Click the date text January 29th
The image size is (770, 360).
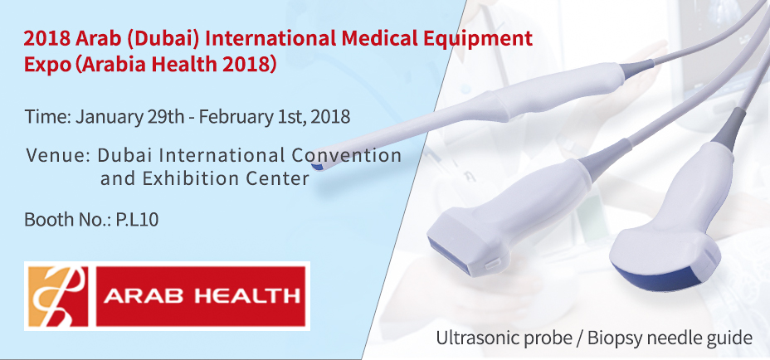pyautogui.click(x=130, y=118)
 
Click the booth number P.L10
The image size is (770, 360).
pyautogui.click(x=137, y=220)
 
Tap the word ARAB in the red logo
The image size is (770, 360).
pyautogui.click(x=145, y=296)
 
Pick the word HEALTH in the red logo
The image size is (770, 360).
pyautogui.click(x=247, y=296)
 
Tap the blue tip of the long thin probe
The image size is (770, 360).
pyautogui.click(x=317, y=167)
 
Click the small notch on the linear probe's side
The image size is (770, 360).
pyautogui.click(x=490, y=265)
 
